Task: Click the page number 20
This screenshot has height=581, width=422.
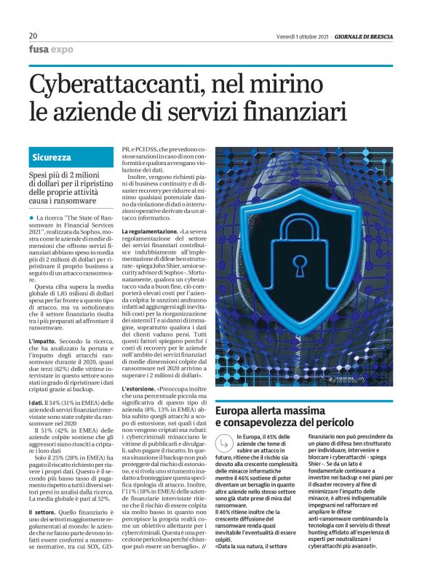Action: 33,36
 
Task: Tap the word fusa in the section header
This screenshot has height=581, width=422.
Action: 39,49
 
